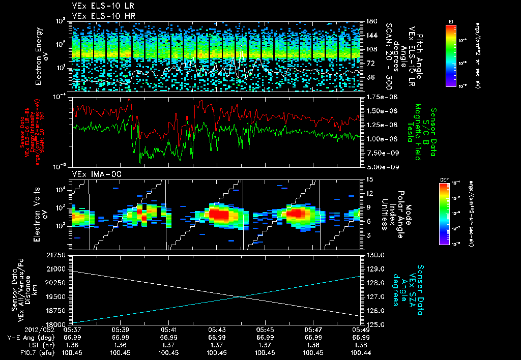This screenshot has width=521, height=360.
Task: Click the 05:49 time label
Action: click(361, 329)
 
